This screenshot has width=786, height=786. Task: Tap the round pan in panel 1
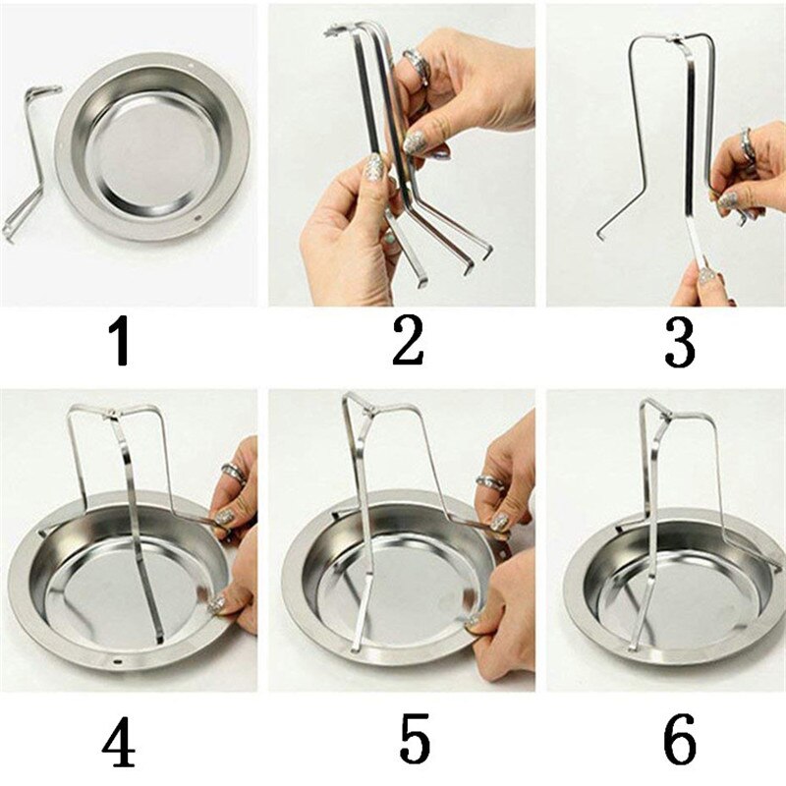pyautogui.click(x=152, y=147)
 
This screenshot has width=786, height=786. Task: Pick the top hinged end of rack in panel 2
pyautogui.click(x=337, y=31)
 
